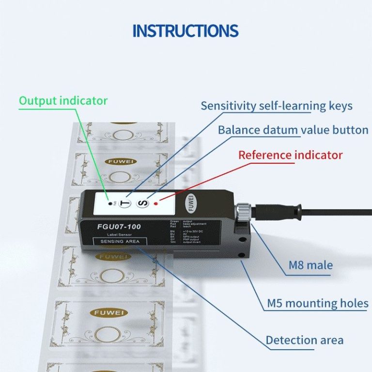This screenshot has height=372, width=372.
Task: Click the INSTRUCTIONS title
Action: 186,31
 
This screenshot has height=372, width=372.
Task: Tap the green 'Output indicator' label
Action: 63,101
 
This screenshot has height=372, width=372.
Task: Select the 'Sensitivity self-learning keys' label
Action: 277,106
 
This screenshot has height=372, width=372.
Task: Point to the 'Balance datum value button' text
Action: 293,130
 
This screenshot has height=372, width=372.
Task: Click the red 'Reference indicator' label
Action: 290,155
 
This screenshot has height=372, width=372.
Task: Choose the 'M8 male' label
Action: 310,265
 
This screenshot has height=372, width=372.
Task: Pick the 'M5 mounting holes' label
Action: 317,304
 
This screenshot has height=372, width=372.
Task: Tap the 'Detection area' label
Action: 304,340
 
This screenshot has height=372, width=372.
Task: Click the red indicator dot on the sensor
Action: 156,204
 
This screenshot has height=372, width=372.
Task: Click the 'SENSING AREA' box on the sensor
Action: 120,241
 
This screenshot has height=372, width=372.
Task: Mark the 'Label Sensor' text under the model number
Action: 119,234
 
